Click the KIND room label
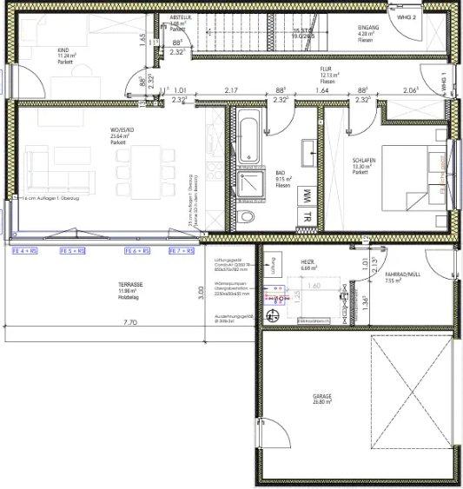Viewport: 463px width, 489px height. click(63, 50)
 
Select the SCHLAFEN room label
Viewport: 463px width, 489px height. click(364, 161)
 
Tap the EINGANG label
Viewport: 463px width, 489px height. click(367, 28)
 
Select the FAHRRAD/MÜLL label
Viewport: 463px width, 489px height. click(402, 274)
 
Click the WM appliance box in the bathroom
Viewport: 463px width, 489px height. click(307, 195)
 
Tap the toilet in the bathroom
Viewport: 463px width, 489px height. click(248, 215)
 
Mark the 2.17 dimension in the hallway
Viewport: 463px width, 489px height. click(231, 90)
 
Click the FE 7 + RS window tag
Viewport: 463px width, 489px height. click(181, 251)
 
